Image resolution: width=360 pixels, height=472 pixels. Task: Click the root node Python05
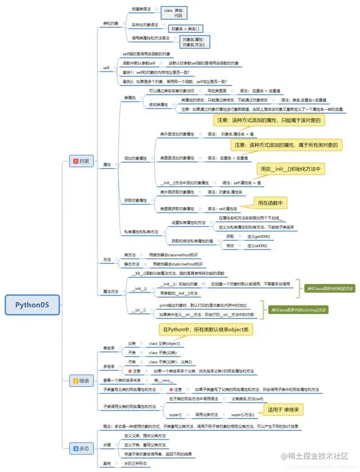click(x=31, y=305)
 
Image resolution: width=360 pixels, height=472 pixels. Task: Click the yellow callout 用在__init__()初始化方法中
click(x=291, y=169)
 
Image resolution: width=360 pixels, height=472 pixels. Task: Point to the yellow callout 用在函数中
click(x=270, y=203)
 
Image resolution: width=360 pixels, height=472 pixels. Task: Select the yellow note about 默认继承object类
click(x=205, y=329)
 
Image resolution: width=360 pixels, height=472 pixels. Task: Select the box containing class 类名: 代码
click(x=174, y=13)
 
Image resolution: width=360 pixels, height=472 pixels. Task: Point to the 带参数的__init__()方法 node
click(x=179, y=293)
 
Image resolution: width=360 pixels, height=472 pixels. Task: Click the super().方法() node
click(x=243, y=415)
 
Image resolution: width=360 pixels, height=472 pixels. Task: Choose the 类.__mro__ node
click(x=163, y=381)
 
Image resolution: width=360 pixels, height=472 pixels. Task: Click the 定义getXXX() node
click(x=259, y=236)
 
